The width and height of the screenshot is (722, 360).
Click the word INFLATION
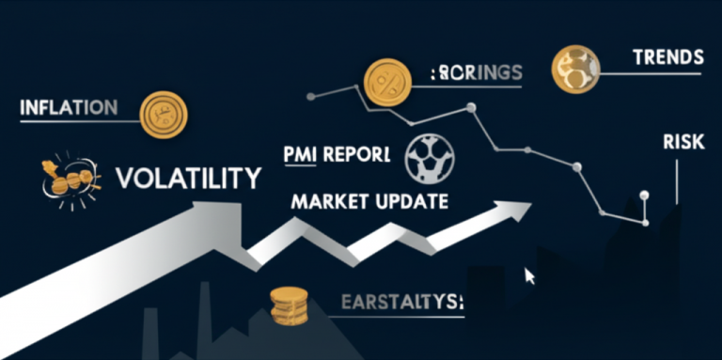pos(69,107)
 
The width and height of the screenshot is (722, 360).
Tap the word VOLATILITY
pos(187,177)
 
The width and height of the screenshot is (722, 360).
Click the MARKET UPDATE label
pos(369,200)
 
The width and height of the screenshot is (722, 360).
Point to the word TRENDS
pos(667,57)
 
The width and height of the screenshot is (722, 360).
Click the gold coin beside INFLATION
pos(163,113)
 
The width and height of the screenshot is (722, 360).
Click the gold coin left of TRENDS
pos(575,67)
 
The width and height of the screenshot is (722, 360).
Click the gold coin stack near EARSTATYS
pos(288,306)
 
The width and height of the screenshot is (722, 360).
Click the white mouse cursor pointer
pos(529,275)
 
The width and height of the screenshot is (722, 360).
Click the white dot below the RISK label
pos(645,196)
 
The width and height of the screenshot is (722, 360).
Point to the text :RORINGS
pos(475,72)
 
